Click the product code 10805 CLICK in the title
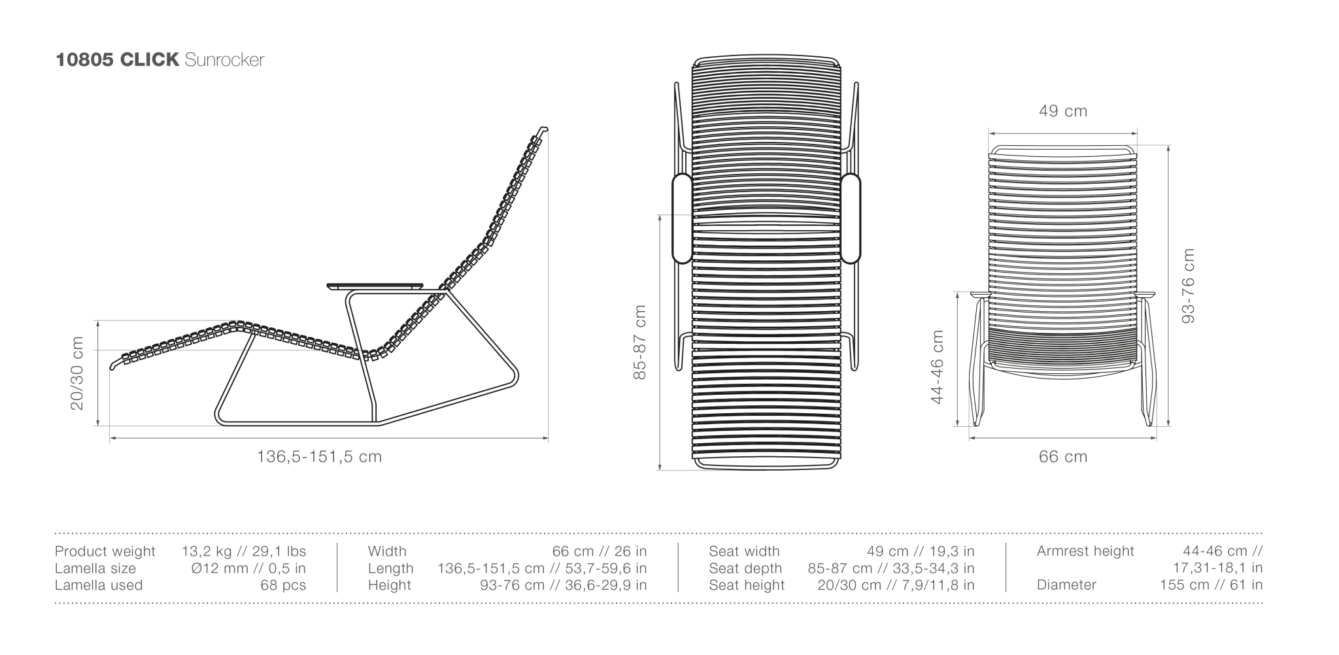pyautogui.click(x=117, y=60)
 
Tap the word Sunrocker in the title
pyautogui.click(x=224, y=60)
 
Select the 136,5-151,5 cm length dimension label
pyautogui.click(x=319, y=456)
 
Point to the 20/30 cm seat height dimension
pyautogui.click(x=77, y=373)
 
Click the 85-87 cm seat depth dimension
pyautogui.click(x=639, y=342)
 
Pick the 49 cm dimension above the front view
pyautogui.click(x=1063, y=111)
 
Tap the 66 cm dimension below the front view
pyautogui.click(x=1063, y=456)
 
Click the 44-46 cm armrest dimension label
pyautogui.click(x=937, y=367)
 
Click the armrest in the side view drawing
pyautogui.click(x=375, y=286)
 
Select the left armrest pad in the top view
pyautogui.click(x=682, y=218)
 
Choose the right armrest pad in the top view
pyautogui.click(x=851, y=218)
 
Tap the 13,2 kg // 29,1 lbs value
pyautogui.click(x=244, y=552)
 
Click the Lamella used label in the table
pyautogui.click(x=99, y=585)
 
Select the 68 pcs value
pyautogui.click(x=283, y=586)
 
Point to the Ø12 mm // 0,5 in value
pyautogui.click(x=248, y=569)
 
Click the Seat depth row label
pyautogui.click(x=745, y=569)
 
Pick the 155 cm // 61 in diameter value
pyautogui.click(x=1212, y=585)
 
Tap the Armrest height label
pyautogui.click(x=1085, y=552)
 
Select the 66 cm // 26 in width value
pyautogui.click(x=600, y=552)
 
